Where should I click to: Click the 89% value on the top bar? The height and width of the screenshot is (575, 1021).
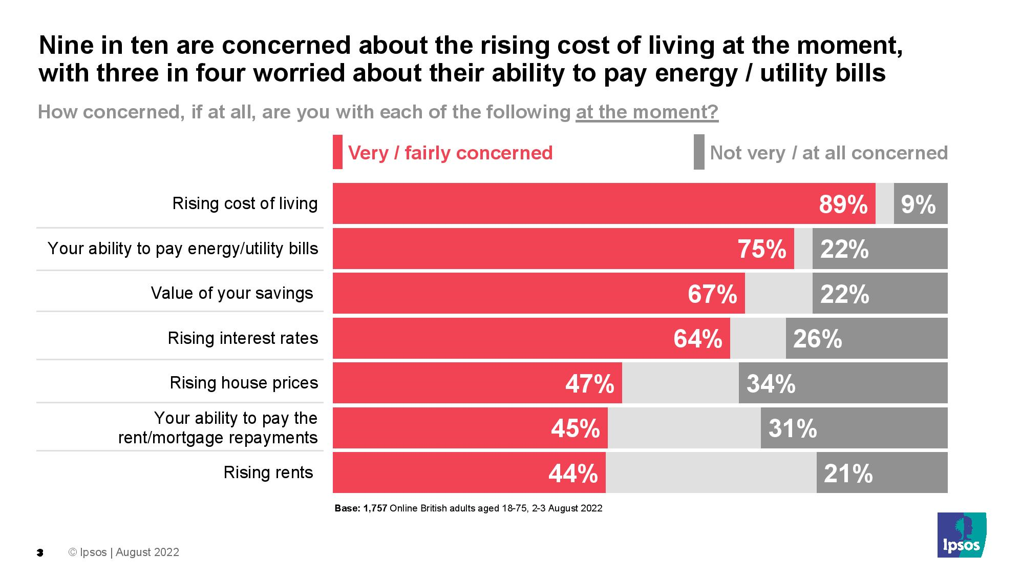pyautogui.click(x=843, y=204)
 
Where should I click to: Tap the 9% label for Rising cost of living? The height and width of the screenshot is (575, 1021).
pyautogui.click(x=918, y=204)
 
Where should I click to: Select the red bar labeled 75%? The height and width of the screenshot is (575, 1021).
pyautogui.click(x=563, y=249)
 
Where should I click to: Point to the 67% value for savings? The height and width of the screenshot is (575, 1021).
pyautogui.click(x=712, y=294)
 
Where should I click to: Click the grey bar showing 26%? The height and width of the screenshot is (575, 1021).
pyautogui.click(x=866, y=338)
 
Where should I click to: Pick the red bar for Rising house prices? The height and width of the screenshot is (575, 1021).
pyautogui.click(x=477, y=383)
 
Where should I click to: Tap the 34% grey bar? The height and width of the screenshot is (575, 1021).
pyautogui.click(x=843, y=383)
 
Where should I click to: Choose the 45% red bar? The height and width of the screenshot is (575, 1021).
pyautogui.click(x=470, y=428)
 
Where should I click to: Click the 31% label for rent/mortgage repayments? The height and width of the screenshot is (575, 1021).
pyautogui.click(x=792, y=428)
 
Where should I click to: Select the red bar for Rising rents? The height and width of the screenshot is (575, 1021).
pyautogui.click(x=469, y=473)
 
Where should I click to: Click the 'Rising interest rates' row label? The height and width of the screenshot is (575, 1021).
pyautogui.click(x=243, y=338)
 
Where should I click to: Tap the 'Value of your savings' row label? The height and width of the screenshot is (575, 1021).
pyautogui.click(x=231, y=293)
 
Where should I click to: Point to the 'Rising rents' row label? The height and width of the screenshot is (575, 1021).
pyautogui.click(x=268, y=473)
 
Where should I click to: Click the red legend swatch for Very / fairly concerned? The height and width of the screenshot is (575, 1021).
pyautogui.click(x=337, y=152)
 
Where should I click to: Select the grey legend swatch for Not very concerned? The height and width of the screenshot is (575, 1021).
pyautogui.click(x=698, y=152)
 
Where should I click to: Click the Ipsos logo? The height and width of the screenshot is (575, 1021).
pyautogui.click(x=961, y=535)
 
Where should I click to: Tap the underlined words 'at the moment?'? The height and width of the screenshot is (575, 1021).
pyautogui.click(x=647, y=112)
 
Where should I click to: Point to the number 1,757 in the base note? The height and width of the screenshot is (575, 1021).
pyautogui.click(x=375, y=508)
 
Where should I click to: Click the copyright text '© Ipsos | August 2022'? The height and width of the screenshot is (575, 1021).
pyautogui.click(x=124, y=552)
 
